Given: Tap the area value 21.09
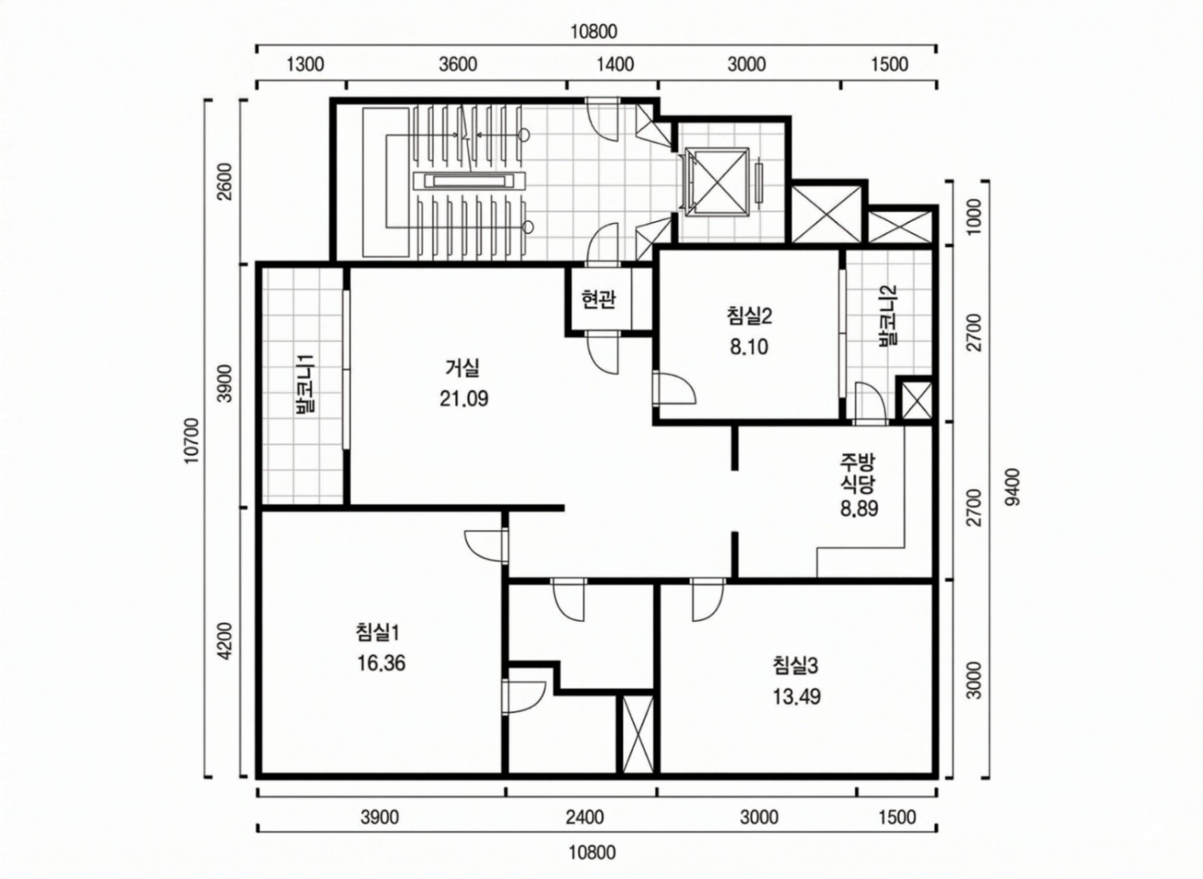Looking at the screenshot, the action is click(463, 399).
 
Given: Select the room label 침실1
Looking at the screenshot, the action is click(377, 633).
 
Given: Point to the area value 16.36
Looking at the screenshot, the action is click(381, 663).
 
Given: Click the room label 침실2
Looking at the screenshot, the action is click(749, 316).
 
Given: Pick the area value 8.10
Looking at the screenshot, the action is click(749, 347).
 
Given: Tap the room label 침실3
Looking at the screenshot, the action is click(796, 666).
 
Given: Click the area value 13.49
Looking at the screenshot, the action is click(796, 697).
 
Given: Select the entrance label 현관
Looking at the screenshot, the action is click(598, 299).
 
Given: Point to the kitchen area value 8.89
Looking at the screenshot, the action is click(859, 509).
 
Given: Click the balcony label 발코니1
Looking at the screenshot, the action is click(304, 385).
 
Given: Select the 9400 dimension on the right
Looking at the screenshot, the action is click(1013, 487).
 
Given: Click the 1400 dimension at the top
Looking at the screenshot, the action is click(615, 65).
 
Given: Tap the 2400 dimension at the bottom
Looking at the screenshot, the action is click(585, 817).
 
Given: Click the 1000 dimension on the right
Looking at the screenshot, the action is click(974, 217).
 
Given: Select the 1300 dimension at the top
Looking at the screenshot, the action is click(305, 65).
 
